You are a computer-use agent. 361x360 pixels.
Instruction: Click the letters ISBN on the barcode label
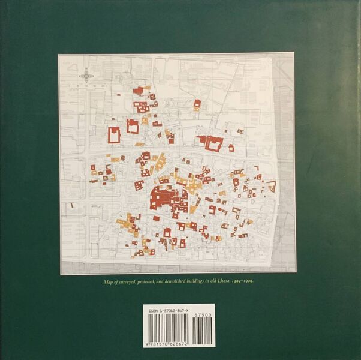coord(150,310)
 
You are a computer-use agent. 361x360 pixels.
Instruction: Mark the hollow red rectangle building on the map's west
coord(113,135)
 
